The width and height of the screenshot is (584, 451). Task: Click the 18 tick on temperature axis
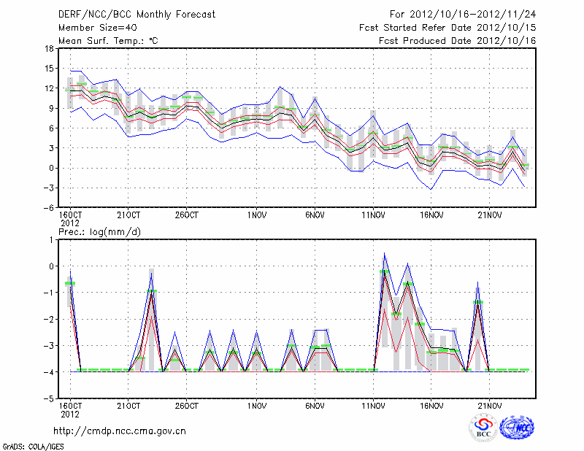click(48, 49)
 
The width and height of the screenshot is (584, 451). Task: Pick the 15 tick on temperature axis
click(48, 69)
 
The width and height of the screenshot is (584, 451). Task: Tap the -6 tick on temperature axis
click(47, 207)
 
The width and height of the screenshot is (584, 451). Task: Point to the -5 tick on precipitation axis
click(47, 399)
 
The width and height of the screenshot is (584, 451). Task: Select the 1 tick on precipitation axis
click(50, 239)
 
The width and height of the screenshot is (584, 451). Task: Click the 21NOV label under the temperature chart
click(490, 215)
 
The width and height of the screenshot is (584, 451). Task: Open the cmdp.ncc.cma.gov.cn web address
click(120, 431)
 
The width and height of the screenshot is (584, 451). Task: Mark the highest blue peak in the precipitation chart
click(385, 253)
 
